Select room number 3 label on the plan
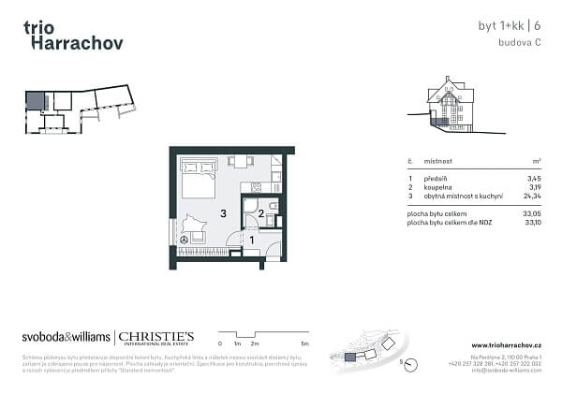tap(223, 214)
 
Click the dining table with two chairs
tap(241, 162)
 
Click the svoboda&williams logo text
tap(65, 338)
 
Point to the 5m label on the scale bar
tap(305, 344)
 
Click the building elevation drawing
tap(447, 106)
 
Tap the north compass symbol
tap(407, 363)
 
